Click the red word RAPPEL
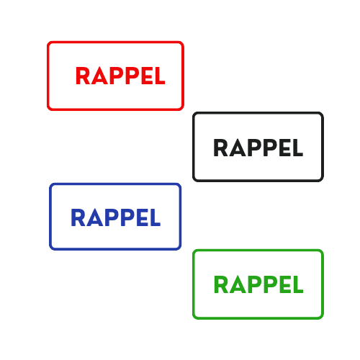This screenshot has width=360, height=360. pyautogui.click(x=120, y=76)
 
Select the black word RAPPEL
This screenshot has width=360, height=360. pyautogui.click(x=258, y=148)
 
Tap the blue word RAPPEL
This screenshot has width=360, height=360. pyautogui.click(x=116, y=217)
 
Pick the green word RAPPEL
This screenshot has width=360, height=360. pyautogui.click(x=258, y=284)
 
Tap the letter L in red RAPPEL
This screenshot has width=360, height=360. pyautogui.click(x=160, y=76)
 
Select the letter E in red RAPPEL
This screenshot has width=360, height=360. pyautogui.click(x=147, y=76)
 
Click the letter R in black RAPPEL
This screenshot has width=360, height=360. pyautogui.click(x=220, y=148)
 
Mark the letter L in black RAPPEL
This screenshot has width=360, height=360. pyautogui.click(x=298, y=148)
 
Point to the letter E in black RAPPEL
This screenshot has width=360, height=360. pyautogui.click(x=285, y=148)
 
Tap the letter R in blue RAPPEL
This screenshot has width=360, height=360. pyautogui.click(x=78, y=217)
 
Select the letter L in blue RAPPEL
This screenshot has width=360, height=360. pyautogui.click(x=156, y=217)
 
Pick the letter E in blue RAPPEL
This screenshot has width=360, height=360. pyautogui.click(x=143, y=217)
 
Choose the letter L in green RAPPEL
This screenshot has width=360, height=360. pyautogui.click(x=298, y=284)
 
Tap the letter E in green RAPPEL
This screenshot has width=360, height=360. pyautogui.click(x=285, y=284)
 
